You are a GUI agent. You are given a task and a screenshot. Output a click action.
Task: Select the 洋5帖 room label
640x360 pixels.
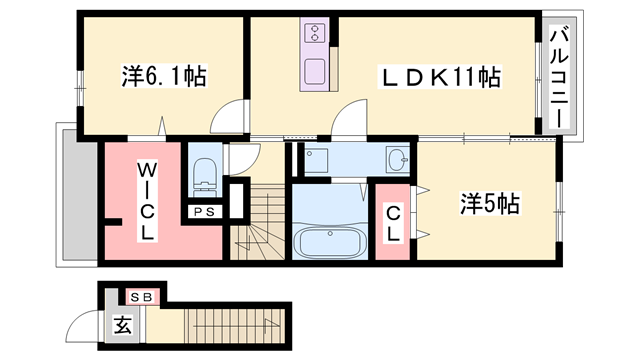pyautogui.click(x=489, y=204)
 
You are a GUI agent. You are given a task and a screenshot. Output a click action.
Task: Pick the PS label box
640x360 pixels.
pyautogui.click(x=205, y=211)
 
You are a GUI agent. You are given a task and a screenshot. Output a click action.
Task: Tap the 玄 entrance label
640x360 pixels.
pyautogui.click(x=121, y=325)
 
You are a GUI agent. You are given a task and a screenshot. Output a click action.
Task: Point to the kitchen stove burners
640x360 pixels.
pyautogui.click(x=311, y=33)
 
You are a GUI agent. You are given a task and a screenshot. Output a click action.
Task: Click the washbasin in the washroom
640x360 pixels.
pyautogui.click(x=397, y=157)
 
